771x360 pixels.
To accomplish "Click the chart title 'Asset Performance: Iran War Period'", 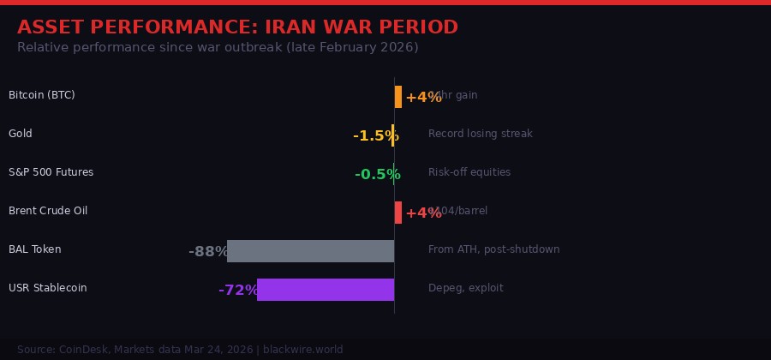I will coord(237,27).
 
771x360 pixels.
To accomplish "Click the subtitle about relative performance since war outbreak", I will coord(218,47).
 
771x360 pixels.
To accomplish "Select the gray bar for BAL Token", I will coord(310,251).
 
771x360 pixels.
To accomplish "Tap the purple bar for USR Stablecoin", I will coord(326,290).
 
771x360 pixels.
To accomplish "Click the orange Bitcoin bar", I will coord(398,97).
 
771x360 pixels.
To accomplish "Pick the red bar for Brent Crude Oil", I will coord(398,213).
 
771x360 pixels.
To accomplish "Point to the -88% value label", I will coord(207,252).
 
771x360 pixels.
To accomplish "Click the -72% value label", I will coord(237,291).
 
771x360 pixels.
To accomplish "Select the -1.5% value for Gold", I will coord(375,136).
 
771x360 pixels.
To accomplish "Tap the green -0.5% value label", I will coord(377,175).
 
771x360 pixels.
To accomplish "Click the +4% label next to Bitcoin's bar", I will coord(423,98).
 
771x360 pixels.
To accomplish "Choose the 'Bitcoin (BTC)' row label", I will coord(42,95).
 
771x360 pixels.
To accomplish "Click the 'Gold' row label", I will coord(21,134).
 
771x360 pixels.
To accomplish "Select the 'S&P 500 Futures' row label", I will coord(51,172).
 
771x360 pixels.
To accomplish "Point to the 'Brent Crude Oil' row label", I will coord(48,211).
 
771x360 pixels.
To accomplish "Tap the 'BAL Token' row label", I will coord(34,249).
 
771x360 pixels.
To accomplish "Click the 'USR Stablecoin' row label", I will coord(47,288).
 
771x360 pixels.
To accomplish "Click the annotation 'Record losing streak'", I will coord(480,134).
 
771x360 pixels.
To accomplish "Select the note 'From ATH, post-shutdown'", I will coord(493,249).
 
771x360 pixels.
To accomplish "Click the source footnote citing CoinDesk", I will coord(180,350).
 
